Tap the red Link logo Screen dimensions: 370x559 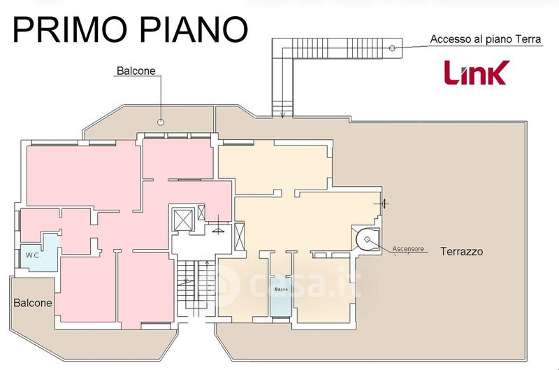pos(477,72)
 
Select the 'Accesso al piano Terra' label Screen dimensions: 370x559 pos(485,39)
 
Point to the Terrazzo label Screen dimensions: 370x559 pos(461,251)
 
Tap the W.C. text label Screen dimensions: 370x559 pos(33,255)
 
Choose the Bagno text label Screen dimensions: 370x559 pos(282,289)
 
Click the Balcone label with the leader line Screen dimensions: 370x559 pos(136,71)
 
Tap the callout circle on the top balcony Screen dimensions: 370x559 pos(161,122)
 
